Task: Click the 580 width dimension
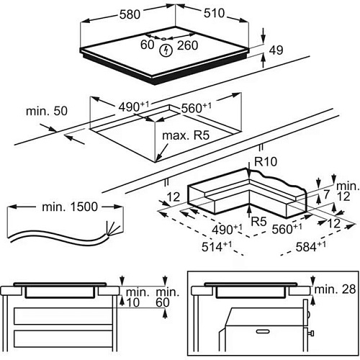130,14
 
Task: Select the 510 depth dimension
214,13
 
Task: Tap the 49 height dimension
276,50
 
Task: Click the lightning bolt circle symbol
166,50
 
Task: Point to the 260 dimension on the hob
188,45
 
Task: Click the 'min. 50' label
47,111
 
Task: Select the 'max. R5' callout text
186,135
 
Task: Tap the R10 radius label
266,161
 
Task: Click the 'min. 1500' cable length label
70,207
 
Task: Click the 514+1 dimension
217,246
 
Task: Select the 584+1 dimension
311,246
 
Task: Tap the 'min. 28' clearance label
335,289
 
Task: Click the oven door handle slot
264,331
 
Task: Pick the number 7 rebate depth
326,195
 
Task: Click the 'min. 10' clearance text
135,297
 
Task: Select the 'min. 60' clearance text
166,297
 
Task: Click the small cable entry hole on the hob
164,39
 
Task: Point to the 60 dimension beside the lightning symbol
147,45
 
